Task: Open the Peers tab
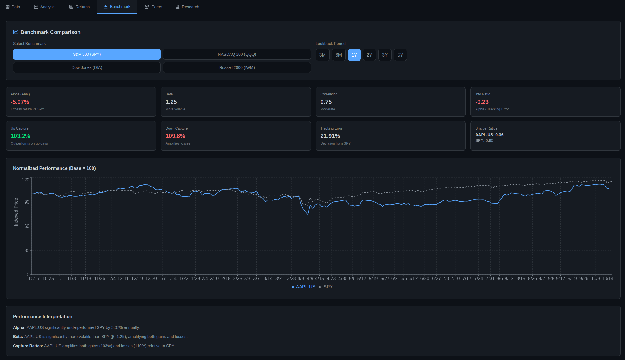point(153,7)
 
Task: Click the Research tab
point(188,7)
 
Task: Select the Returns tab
point(79,7)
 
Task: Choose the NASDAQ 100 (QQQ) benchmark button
point(237,54)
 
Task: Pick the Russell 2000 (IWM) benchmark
point(237,67)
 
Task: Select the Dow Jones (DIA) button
point(87,67)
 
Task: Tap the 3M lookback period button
point(322,55)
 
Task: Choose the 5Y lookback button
point(400,55)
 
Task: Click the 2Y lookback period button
point(369,55)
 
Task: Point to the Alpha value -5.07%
point(20,102)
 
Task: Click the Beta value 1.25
point(171,102)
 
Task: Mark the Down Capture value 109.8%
point(175,136)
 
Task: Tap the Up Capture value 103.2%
point(20,136)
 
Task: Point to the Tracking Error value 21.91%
point(330,136)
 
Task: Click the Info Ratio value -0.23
point(482,102)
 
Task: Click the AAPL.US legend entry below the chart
point(303,287)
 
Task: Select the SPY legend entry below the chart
point(326,287)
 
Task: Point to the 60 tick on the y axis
point(27,226)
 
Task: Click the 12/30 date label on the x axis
point(151,278)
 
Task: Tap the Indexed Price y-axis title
point(16,212)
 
